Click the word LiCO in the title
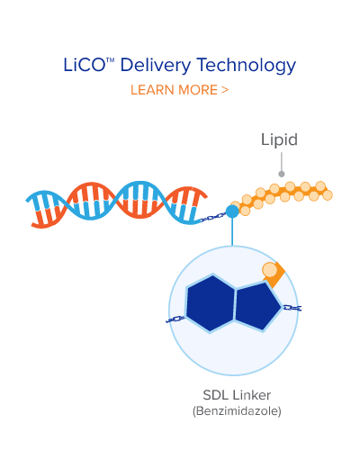[84, 65]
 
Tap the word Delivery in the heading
[156, 66]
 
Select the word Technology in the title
[247, 66]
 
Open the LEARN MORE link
[179, 90]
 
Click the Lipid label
[279, 139]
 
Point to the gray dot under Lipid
[282, 174]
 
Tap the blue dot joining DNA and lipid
[232, 211]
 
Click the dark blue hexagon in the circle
[211, 303]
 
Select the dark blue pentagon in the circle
[257, 307]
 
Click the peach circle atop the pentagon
[270, 270]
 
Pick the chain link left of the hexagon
[175, 319]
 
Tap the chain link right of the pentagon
[292, 308]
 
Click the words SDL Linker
[237, 395]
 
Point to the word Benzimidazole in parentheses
[237, 410]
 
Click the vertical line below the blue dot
[232, 231]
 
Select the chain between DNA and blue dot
[213, 217]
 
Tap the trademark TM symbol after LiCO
[110, 59]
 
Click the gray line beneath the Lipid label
[282, 161]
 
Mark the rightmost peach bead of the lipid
[328, 195]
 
